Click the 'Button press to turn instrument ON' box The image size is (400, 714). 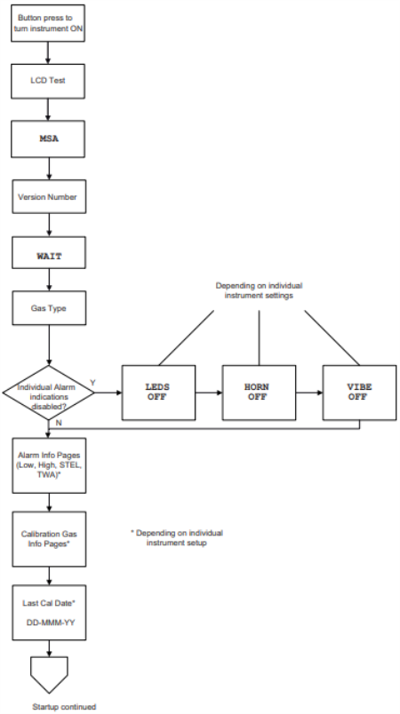click(48, 23)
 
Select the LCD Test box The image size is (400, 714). click(48, 81)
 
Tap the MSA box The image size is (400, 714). click(48, 139)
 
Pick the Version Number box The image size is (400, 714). click(49, 196)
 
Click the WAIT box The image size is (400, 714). click(49, 252)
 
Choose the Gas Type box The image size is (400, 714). click(49, 308)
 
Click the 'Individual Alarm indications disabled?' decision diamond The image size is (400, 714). click(48, 393)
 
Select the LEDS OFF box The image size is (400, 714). click(158, 393)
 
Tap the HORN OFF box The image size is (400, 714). click(259, 393)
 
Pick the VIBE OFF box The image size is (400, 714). click(359, 393)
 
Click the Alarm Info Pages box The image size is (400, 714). click(49, 465)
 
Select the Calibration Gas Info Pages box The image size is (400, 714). click(49, 539)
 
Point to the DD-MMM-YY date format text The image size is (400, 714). click(50, 622)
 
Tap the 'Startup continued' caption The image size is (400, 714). click(64, 707)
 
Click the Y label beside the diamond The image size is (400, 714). click(93, 383)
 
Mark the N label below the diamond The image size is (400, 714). click(59, 423)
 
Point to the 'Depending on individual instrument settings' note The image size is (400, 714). click(259, 290)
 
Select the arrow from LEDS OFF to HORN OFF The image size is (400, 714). click(209, 393)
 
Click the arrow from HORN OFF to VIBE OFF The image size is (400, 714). click(309, 393)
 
